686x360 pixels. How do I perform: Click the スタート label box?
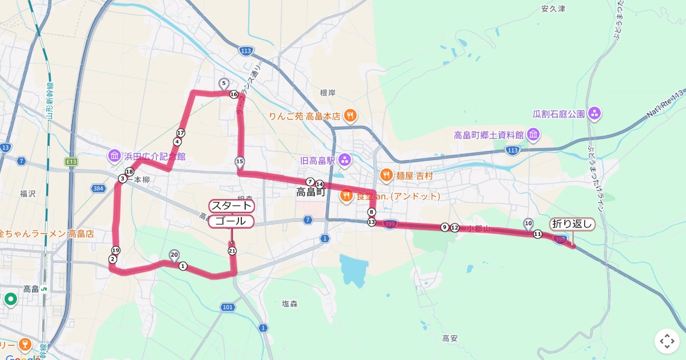pyautogui.click(x=231, y=206)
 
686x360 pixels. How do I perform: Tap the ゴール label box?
pyautogui.click(x=231, y=221)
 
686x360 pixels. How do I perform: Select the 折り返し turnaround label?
pyautogui.click(x=572, y=224)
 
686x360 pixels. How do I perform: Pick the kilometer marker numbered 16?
pyautogui.click(x=233, y=94)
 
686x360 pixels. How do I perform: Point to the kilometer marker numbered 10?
pyautogui.click(x=528, y=223)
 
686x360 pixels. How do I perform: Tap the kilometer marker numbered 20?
pyautogui.click(x=174, y=255)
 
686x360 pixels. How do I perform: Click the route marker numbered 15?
pyautogui.click(x=240, y=161)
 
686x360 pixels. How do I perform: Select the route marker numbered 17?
pyautogui.click(x=181, y=133)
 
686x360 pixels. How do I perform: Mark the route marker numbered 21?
pyautogui.click(x=232, y=250)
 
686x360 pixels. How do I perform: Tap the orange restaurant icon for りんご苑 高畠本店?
pyautogui.click(x=351, y=116)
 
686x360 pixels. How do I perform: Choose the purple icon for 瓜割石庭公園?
pyautogui.click(x=595, y=113)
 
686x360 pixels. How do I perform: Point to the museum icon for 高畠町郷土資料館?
pyautogui.click(x=533, y=135)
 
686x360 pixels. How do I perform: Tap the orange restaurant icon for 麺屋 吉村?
pyautogui.click(x=386, y=175)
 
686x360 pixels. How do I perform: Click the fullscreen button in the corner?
pyautogui.click(x=667, y=341)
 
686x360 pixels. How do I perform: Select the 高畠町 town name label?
pyautogui.click(x=310, y=193)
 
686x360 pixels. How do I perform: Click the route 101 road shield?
pyautogui.click(x=228, y=307)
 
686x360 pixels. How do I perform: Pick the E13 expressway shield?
pyautogui.click(x=71, y=162)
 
